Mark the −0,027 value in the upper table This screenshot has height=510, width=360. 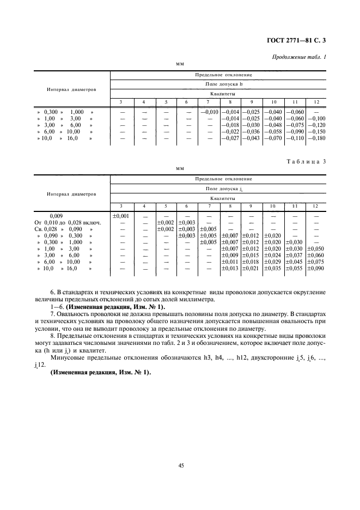point(230,138)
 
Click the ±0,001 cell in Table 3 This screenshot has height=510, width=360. point(121,216)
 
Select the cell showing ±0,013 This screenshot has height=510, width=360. point(230,268)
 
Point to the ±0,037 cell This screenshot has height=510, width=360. point(294,255)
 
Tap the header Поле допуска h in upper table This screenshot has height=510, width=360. point(223,84)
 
